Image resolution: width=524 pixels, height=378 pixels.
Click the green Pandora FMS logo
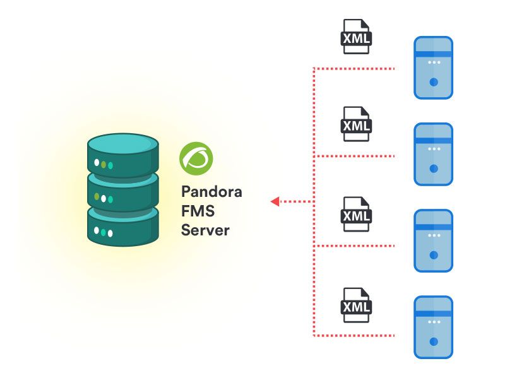tap(196, 158)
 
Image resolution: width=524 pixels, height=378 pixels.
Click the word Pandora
tap(211, 192)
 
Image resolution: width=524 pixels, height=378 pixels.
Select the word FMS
tap(198, 211)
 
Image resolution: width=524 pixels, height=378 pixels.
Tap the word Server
tap(205, 230)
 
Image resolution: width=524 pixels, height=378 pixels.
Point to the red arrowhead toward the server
tap(275, 201)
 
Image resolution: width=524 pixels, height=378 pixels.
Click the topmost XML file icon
tap(356, 37)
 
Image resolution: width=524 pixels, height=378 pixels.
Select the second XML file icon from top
tap(356, 124)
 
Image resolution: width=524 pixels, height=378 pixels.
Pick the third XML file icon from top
tap(356, 215)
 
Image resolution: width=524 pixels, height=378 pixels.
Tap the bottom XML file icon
tap(356, 305)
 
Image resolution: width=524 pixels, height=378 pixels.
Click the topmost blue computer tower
tap(434, 68)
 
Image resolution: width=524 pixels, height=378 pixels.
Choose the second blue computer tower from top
tap(434, 154)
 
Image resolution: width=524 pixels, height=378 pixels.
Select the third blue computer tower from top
tap(434, 241)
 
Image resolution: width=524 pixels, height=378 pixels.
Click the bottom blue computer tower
tap(434, 328)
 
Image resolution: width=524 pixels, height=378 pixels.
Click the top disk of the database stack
tap(123, 155)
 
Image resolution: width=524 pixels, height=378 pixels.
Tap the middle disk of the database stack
tap(123, 194)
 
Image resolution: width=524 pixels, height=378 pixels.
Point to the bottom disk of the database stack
tap(123, 228)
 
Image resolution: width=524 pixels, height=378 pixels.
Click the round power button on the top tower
tap(434, 82)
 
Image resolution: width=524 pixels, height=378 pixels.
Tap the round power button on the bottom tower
tap(434, 341)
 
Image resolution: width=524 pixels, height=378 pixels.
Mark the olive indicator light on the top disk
tap(104, 164)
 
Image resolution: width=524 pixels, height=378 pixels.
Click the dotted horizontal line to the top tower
tap(354, 69)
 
